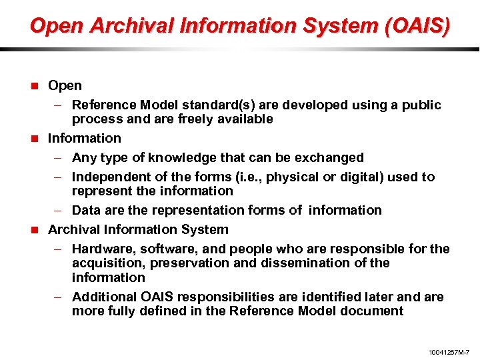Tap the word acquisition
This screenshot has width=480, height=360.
pos(105,263)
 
